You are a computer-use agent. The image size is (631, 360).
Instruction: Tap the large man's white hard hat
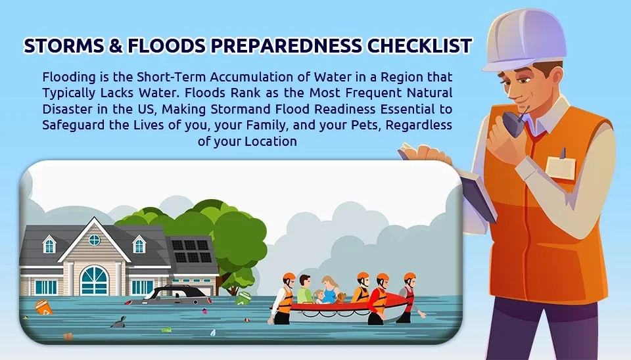pyautogui.click(x=524, y=39)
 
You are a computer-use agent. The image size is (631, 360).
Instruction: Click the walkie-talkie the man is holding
pyautogui.click(x=513, y=123)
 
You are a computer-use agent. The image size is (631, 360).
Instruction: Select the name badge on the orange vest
pyautogui.click(x=560, y=166)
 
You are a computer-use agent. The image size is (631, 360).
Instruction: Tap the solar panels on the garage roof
pyautogui.click(x=191, y=251)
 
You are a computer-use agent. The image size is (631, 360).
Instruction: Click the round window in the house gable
pyautogui.click(x=94, y=240)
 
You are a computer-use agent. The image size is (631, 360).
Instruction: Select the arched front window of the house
pyautogui.click(x=94, y=281)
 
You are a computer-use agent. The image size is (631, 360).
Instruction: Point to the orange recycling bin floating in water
pyautogui.click(x=43, y=307)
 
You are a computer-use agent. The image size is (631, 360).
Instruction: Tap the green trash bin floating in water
pyautogui.click(x=243, y=298)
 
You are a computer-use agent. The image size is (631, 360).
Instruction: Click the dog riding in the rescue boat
pyautogui.click(x=341, y=298)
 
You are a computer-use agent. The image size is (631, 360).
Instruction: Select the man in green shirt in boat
pyautogui.click(x=304, y=289)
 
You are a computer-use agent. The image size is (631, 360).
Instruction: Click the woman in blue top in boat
pyautogui.click(x=330, y=290)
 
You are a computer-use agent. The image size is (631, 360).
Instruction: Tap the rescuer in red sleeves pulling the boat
pyautogui.click(x=379, y=298)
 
